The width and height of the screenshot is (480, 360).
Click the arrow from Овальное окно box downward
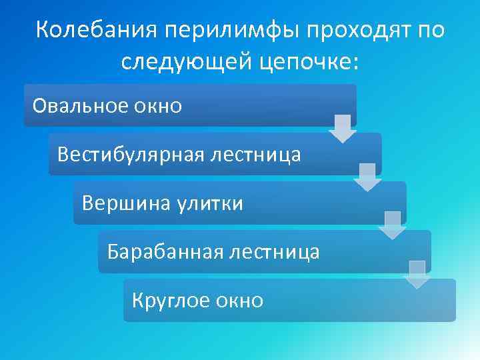click(343, 128)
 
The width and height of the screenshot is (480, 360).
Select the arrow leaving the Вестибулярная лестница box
click(367, 177)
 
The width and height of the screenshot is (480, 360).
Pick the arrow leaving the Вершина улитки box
click(392, 225)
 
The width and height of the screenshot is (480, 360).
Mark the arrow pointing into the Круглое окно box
click(417, 274)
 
